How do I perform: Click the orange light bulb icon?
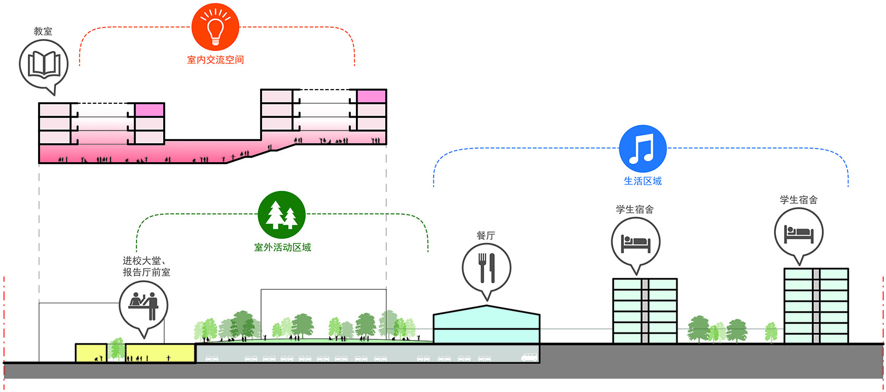pyautogui.click(x=215, y=27)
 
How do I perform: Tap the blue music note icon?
pyautogui.click(x=642, y=149)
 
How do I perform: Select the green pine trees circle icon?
pyautogui.click(x=281, y=215)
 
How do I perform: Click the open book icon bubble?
pyautogui.click(x=43, y=65)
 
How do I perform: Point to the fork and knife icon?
pyautogui.click(x=486, y=268)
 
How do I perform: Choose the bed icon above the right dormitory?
pyautogui.click(x=799, y=234)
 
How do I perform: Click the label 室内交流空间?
pyautogui.click(x=215, y=60)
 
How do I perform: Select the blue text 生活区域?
pyautogui.click(x=643, y=181)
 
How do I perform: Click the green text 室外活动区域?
pyautogui.click(x=282, y=248)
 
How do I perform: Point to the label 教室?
pyautogui.click(x=43, y=31)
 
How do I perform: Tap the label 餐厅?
pyautogui.click(x=486, y=236)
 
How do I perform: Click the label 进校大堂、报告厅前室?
pyautogui.click(x=146, y=266)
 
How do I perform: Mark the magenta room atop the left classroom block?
pyautogui.click(x=150, y=110)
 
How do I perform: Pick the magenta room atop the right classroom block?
pyautogui.click(x=372, y=96)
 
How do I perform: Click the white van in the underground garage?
pyautogui.click(x=529, y=357)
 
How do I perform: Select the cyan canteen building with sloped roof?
pyautogui.click(x=486, y=324)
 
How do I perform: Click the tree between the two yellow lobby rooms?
pyautogui.click(x=116, y=349)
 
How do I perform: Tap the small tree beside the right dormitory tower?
pyautogui.click(x=771, y=332)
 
